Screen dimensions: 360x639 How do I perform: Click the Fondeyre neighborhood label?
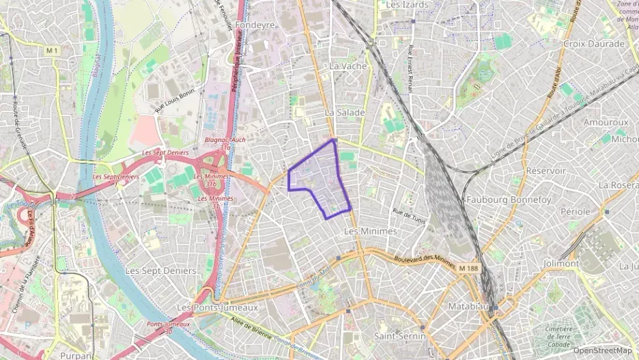coord(254,25)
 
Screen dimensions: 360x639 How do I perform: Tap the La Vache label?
coord(347,66)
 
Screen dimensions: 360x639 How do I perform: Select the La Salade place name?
coord(344,112)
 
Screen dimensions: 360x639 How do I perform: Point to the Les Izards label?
coord(407,5)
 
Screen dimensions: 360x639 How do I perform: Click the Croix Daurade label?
coord(593,44)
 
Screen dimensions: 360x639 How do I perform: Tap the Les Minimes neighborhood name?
coord(370,232)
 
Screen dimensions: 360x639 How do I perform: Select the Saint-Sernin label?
coord(399,336)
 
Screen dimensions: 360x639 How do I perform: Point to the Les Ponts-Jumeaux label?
coord(217,307)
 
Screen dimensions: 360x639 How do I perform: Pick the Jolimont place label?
coord(561,263)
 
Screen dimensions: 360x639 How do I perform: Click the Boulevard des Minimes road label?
coord(425,258)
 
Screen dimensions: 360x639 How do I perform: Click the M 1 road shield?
coord(53,51)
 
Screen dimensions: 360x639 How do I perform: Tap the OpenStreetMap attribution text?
coord(602,351)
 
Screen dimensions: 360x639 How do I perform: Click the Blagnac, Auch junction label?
coord(225,140)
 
